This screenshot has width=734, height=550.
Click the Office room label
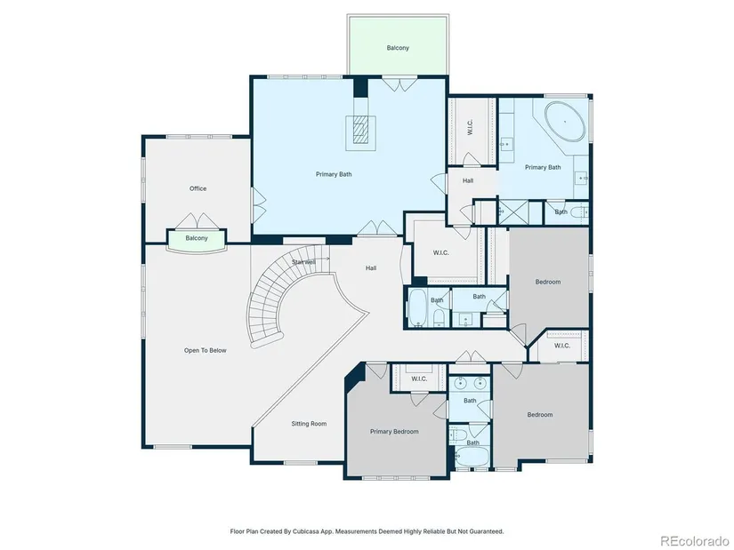[x=198, y=188]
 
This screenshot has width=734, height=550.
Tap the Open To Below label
[x=205, y=350]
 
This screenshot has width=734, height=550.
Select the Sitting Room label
[x=309, y=424]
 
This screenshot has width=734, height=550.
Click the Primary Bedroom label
[x=394, y=432]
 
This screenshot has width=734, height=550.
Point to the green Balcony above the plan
[x=398, y=45]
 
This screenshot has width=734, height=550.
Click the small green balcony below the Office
[x=197, y=239]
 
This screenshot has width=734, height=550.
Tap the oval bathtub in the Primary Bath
[x=565, y=122]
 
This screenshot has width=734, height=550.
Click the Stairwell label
[x=303, y=262]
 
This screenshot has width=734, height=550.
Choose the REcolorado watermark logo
[x=694, y=540]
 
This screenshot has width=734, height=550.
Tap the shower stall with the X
[x=512, y=211]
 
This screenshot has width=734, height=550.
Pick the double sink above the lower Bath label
[x=470, y=384]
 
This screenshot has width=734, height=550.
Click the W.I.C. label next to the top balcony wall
[x=471, y=127]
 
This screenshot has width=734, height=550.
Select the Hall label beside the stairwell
[x=371, y=268]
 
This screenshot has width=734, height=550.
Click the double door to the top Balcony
[x=398, y=84]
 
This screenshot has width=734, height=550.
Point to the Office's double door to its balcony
[x=198, y=220]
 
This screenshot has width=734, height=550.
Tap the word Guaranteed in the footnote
[x=487, y=531]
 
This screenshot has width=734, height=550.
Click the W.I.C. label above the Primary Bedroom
[x=419, y=379]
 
